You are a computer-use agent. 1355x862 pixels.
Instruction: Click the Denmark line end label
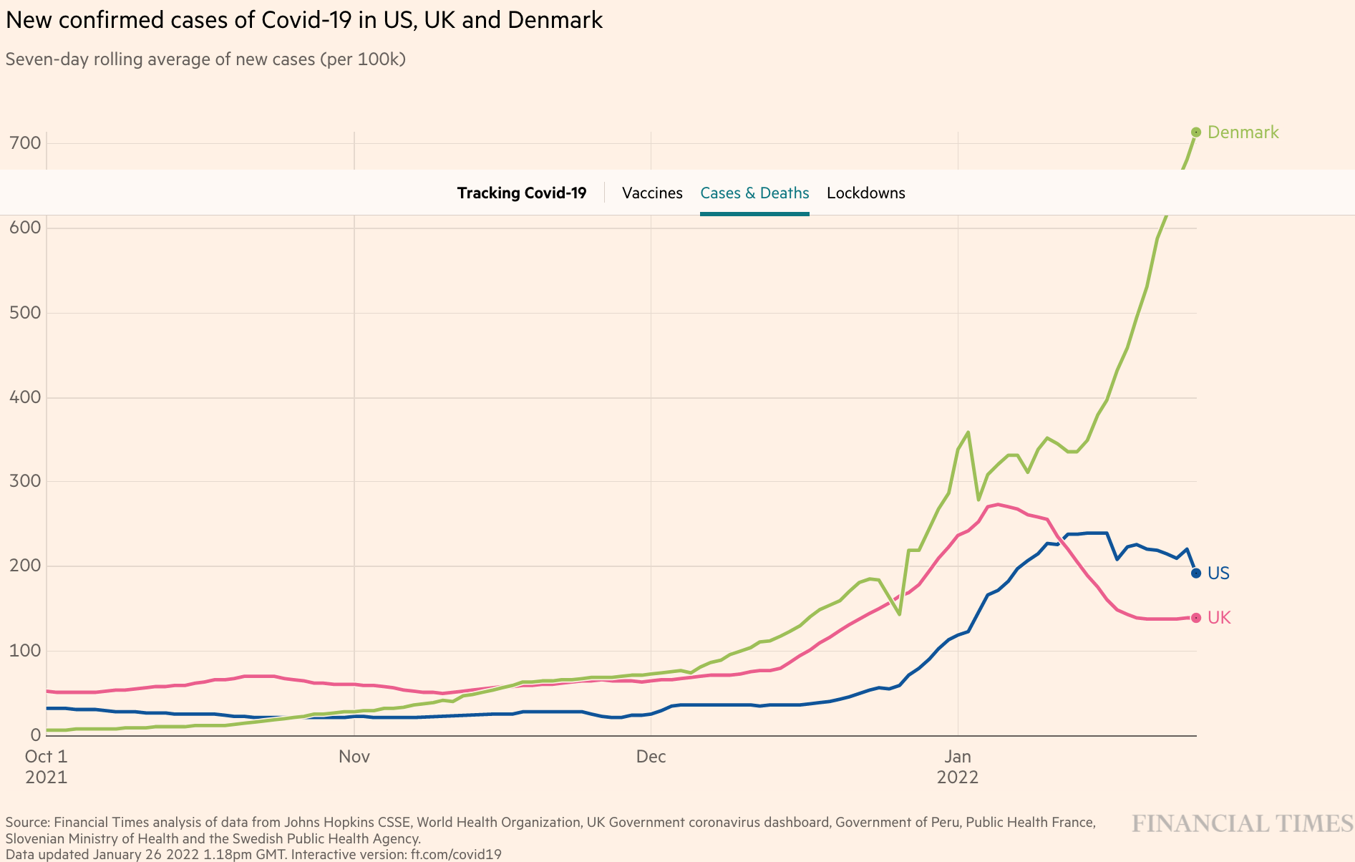(1242, 132)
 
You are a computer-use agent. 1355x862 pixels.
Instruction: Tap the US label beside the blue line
(1218, 573)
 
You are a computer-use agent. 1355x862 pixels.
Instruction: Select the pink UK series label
(1218, 618)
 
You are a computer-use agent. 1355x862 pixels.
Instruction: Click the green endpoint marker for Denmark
(1195, 132)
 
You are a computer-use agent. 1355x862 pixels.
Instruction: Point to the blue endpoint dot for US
(1195, 573)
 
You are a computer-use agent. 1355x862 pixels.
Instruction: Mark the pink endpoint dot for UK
(1195, 618)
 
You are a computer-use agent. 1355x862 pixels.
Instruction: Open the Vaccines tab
(652, 193)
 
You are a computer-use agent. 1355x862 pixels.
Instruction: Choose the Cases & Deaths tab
(754, 193)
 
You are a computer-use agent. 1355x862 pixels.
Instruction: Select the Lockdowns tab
(865, 193)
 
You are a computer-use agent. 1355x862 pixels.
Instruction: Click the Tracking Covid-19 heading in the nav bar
(522, 193)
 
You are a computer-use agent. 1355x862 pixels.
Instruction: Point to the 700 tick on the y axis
(25, 143)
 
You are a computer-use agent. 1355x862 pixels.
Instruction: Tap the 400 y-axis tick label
(25, 397)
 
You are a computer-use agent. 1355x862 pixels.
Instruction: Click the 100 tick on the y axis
(25, 651)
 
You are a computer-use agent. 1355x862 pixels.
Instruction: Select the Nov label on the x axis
(354, 757)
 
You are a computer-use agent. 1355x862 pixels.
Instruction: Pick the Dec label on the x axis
(651, 757)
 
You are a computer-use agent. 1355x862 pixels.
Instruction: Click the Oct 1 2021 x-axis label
(46, 766)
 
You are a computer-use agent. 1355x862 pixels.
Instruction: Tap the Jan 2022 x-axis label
(957, 766)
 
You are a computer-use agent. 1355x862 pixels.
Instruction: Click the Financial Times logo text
(1242, 824)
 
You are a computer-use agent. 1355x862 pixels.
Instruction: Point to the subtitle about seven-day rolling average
(205, 59)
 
